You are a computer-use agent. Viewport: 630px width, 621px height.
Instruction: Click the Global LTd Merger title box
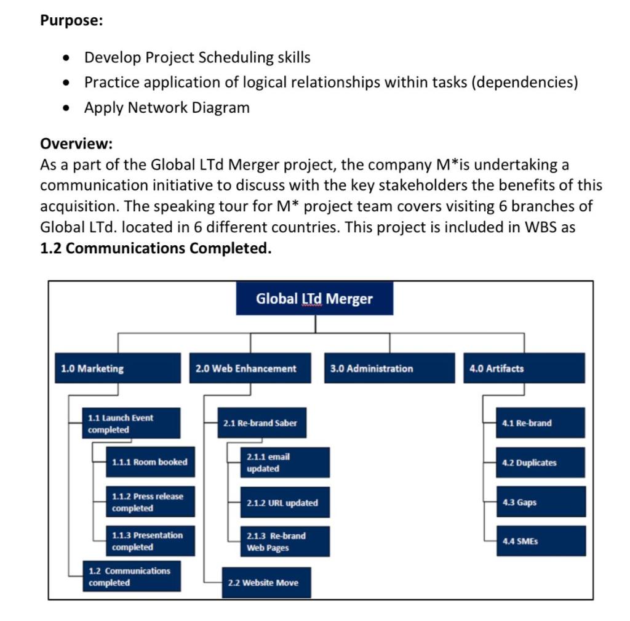coord(314,299)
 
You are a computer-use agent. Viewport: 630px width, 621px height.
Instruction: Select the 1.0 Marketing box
coord(118,368)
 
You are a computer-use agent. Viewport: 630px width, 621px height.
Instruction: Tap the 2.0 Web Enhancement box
coord(253,368)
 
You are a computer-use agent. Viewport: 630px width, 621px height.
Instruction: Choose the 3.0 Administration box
coord(388,368)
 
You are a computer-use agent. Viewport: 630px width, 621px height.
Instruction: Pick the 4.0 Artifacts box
coord(524,368)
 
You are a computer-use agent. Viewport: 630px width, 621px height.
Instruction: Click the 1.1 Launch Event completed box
coord(131,423)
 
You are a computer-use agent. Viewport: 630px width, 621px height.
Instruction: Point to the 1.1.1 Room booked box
coord(150,462)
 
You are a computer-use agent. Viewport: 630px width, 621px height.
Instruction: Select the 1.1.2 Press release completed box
coord(150,502)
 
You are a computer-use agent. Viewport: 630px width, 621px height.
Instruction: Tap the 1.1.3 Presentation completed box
coord(150,541)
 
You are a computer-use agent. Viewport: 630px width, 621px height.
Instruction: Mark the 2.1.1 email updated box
coord(285,463)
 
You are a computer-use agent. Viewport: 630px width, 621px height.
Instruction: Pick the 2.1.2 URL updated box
coord(285,503)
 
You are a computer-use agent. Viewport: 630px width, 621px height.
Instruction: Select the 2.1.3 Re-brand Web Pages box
coord(285,542)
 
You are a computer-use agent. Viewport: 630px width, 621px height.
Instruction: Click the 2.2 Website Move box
coord(266,582)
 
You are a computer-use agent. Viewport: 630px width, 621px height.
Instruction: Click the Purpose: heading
coord(71,20)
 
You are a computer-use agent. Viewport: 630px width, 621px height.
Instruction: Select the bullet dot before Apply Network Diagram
coord(66,108)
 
